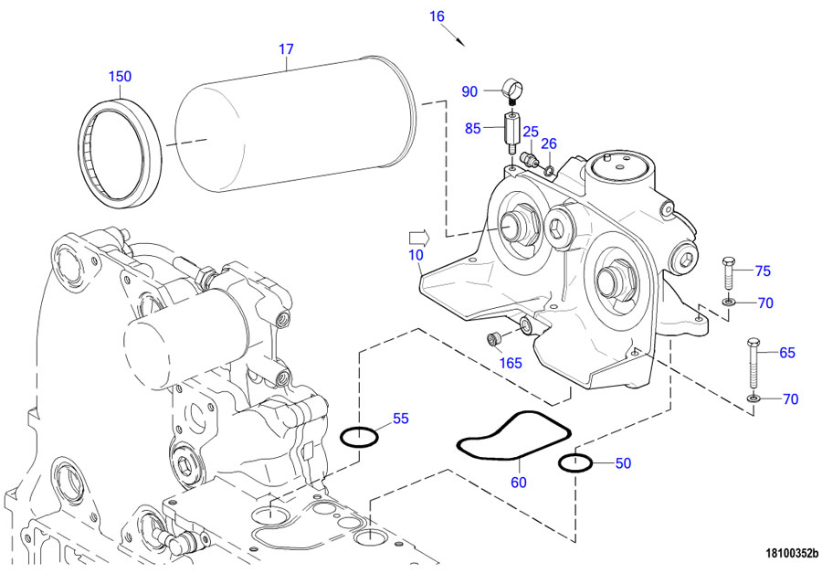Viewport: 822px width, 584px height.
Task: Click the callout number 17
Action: (x=286, y=50)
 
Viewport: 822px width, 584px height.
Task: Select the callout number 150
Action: (x=121, y=77)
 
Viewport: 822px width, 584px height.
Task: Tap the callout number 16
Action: (x=437, y=16)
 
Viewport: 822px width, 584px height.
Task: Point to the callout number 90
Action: (x=469, y=91)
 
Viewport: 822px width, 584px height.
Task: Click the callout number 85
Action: (x=472, y=129)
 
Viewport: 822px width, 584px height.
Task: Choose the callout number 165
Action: (x=510, y=363)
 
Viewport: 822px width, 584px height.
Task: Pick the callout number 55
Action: (x=400, y=419)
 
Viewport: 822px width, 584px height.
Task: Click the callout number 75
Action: (x=763, y=271)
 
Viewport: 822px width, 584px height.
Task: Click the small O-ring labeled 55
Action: (x=360, y=437)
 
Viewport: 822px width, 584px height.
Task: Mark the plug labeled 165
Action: (x=494, y=340)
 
